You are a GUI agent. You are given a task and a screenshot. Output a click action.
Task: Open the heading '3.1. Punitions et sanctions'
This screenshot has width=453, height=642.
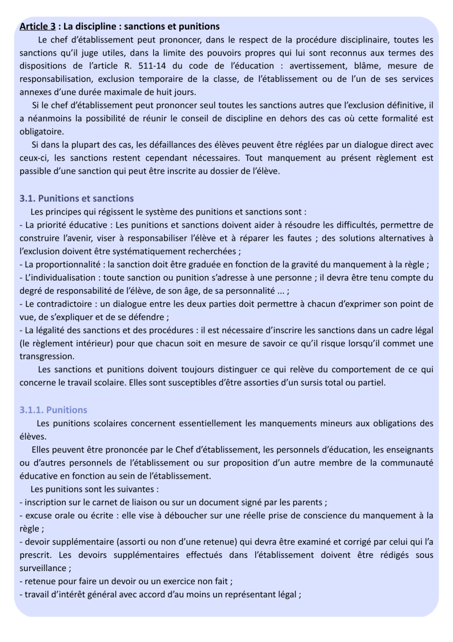point(77,198)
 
